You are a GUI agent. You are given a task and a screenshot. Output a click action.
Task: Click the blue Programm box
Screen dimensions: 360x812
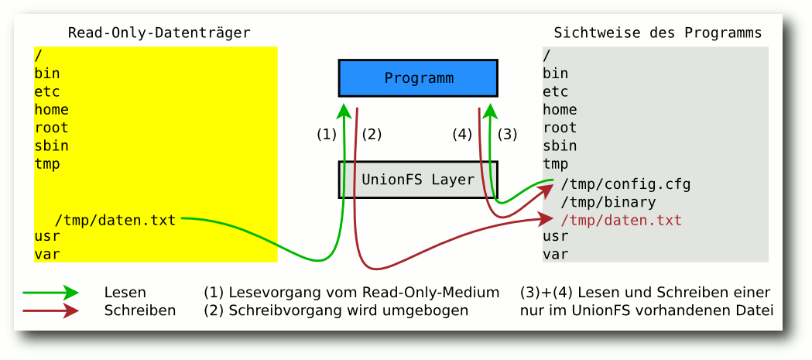pos(418,78)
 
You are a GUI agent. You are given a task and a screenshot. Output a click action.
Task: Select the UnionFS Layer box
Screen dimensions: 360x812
pos(418,180)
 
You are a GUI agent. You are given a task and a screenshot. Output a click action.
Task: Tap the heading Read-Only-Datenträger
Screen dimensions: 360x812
pos(159,33)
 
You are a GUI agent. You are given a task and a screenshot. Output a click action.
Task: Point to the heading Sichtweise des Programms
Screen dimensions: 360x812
pos(657,33)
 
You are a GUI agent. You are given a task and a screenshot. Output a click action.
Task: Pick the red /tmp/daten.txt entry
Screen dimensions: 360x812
pos(622,221)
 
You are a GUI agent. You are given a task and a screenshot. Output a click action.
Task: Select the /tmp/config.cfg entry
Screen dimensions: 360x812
pos(625,184)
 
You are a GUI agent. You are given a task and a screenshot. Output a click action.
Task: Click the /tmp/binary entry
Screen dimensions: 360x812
pos(608,203)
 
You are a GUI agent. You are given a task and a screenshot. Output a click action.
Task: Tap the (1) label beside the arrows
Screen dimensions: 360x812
pos(327,134)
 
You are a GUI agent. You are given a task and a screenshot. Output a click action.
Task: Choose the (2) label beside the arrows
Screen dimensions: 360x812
pos(372,134)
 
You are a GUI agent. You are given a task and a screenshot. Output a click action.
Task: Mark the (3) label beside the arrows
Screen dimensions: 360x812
pos(507,134)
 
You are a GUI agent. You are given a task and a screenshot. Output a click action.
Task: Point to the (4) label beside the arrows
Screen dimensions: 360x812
pos(462,134)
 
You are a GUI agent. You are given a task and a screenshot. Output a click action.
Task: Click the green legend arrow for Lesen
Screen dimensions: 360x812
pos(50,292)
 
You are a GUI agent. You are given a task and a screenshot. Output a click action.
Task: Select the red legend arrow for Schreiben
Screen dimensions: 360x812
pos(50,310)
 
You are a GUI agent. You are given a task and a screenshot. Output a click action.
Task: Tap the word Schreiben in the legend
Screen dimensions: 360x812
pos(139,310)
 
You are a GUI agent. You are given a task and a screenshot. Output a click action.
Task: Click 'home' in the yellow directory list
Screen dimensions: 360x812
pos(51,109)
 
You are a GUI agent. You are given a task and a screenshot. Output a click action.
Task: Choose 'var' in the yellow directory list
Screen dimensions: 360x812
pos(47,253)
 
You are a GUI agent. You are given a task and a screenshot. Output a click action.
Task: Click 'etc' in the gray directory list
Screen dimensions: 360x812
pos(556,91)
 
